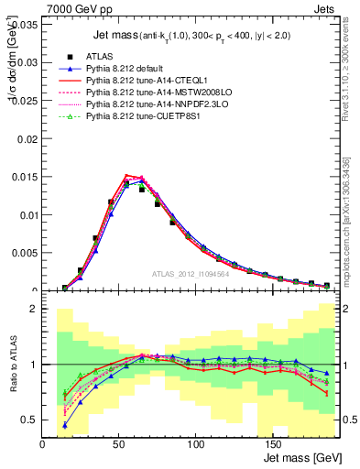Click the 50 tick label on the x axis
[x=119, y=444]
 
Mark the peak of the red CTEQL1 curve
[x=127, y=175]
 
